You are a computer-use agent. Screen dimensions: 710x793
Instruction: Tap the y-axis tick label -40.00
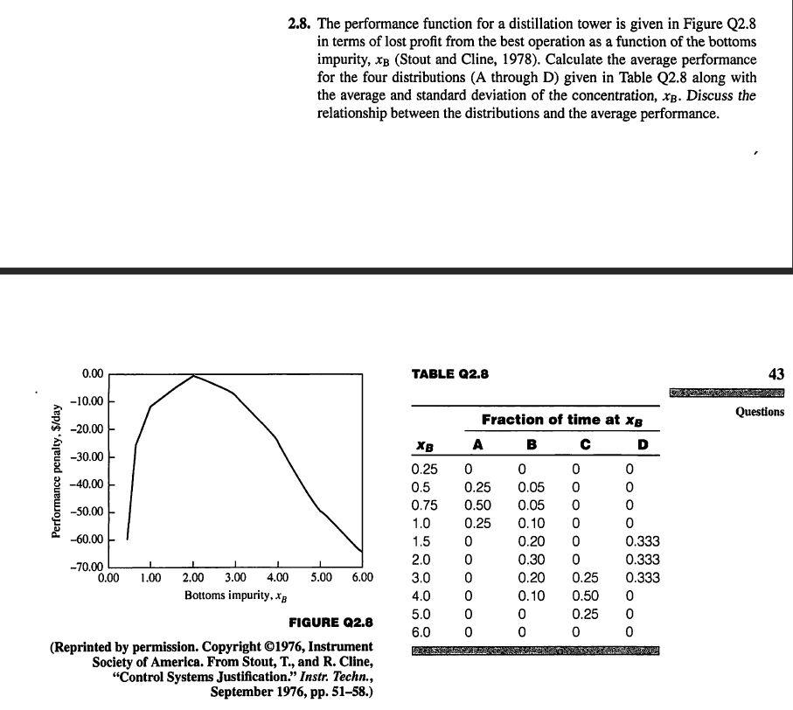tap(92, 484)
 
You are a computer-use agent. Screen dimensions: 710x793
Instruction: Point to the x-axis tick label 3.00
tap(235, 578)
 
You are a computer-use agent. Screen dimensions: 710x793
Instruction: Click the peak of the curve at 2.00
tap(193, 376)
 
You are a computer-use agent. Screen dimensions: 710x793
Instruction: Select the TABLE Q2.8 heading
tap(450, 374)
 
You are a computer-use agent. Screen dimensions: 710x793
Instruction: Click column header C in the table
tap(576, 444)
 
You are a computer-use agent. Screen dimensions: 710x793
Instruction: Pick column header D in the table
tap(643, 444)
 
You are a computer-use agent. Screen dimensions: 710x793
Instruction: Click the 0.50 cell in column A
tap(477, 505)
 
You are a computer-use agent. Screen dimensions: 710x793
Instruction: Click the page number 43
tap(776, 374)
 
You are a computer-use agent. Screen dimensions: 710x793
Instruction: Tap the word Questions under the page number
tap(760, 412)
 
